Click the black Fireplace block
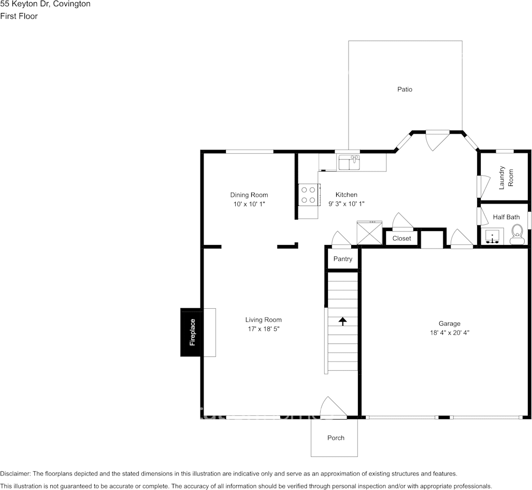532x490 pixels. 192,332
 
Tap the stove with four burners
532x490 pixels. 309,195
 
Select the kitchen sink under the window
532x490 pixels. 349,163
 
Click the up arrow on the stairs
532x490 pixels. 342,321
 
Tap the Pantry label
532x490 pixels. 342,259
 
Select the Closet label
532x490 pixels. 401,238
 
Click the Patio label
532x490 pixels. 405,89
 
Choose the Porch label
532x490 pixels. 336,438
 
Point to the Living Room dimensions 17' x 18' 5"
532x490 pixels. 264,329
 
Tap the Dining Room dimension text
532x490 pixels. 249,204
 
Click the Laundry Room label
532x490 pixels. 506,178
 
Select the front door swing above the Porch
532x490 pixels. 332,408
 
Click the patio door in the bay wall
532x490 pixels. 436,140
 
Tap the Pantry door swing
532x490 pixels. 341,240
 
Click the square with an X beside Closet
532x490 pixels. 369,233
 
